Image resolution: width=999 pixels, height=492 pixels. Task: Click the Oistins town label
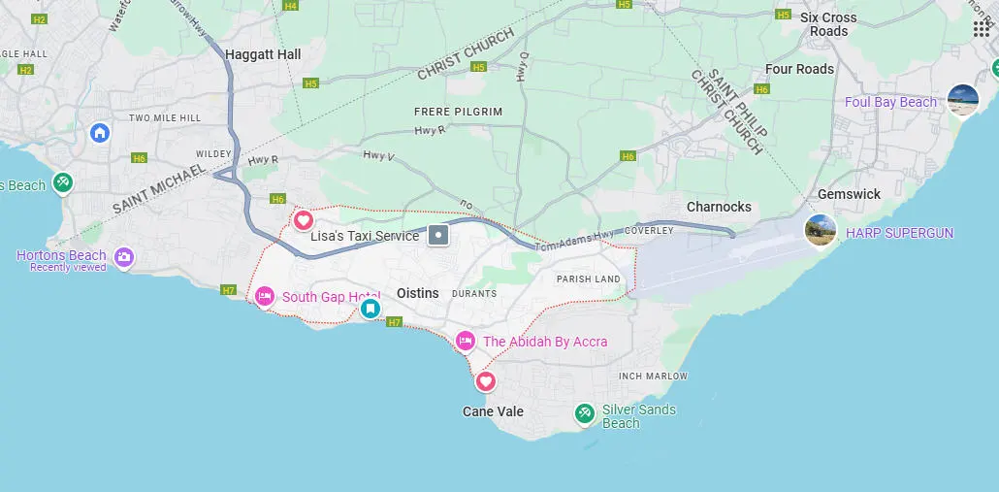[x=418, y=293]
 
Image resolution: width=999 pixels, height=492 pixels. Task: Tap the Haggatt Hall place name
[x=263, y=55]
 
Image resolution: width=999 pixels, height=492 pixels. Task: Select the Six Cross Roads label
[x=828, y=24]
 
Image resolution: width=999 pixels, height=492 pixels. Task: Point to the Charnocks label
[x=719, y=207]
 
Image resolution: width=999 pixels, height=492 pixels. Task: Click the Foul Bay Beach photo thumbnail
[x=963, y=101]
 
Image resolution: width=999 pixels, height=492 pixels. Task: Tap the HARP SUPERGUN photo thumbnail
[x=821, y=231]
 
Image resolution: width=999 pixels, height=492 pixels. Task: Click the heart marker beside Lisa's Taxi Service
[x=304, y=220]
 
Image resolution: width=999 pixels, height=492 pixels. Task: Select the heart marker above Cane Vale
[x=485, y=380]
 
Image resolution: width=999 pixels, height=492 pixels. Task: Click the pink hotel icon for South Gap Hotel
[x=265, y=296]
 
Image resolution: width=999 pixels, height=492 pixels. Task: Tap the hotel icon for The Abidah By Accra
[x=466, y=341]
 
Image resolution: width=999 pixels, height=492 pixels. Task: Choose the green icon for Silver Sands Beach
[x=584, y=413]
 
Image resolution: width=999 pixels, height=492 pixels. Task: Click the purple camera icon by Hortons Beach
[x=123, y=257]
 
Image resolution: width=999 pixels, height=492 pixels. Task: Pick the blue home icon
[x=100, y=132]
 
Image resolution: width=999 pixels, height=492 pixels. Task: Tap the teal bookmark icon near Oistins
[x=370, y=310]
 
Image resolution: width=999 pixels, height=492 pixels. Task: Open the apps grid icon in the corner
[x=981, y=28]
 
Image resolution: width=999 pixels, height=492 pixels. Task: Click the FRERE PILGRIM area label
[x=458, y=112]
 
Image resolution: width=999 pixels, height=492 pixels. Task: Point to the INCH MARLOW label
[x=653, y=377]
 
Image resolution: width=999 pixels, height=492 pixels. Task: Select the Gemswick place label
[x=849, y=194]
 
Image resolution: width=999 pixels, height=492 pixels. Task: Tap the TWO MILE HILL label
[x=164, y=117]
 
